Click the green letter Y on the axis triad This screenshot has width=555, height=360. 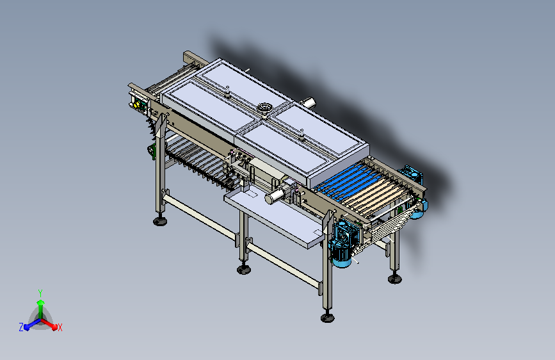(x=40, y=293)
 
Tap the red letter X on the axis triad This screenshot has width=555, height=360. (x=60, y=328)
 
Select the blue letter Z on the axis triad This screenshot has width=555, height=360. (x=21, y=327)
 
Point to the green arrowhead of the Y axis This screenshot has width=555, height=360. (x=41, y=302)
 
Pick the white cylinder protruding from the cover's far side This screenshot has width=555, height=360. (x=308, y=102)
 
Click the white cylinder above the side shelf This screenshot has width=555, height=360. (x=275, y=196)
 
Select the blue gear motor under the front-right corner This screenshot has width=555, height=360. (x=341, y=245)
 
